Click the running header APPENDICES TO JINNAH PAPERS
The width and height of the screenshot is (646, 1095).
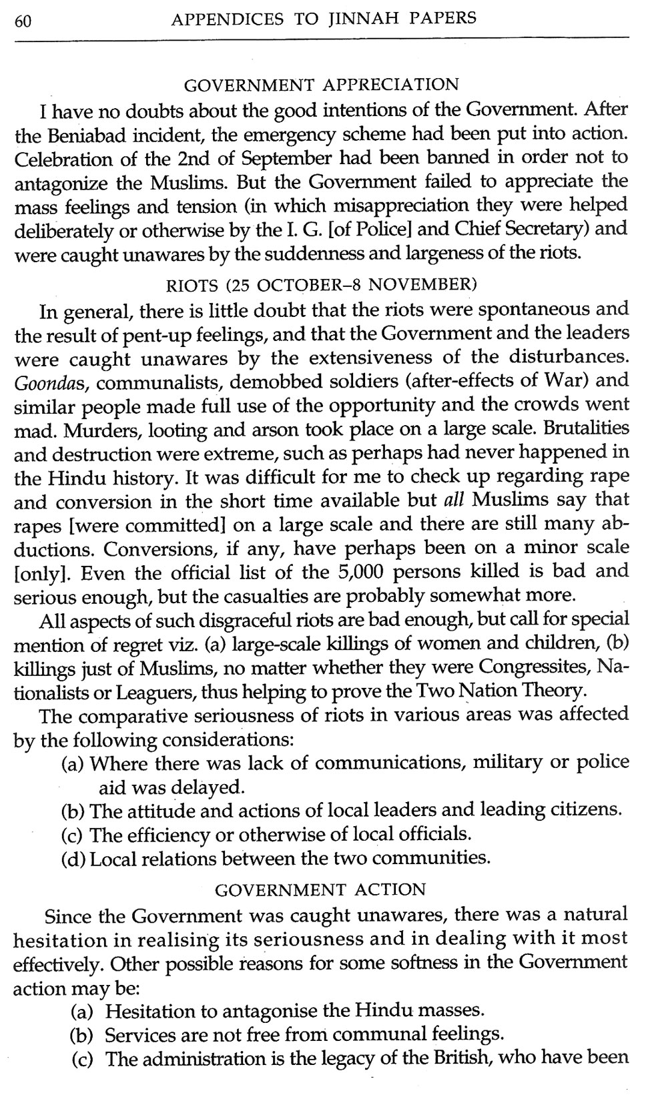[324, 19]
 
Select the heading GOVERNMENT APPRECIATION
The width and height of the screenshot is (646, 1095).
[321, 85]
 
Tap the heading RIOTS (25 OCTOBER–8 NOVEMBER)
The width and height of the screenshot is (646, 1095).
[321, 286]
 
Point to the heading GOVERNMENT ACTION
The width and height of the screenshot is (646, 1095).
[321, 889]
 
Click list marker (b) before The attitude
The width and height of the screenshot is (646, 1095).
[73, 811]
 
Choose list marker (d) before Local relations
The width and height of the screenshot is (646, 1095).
[73, 858]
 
